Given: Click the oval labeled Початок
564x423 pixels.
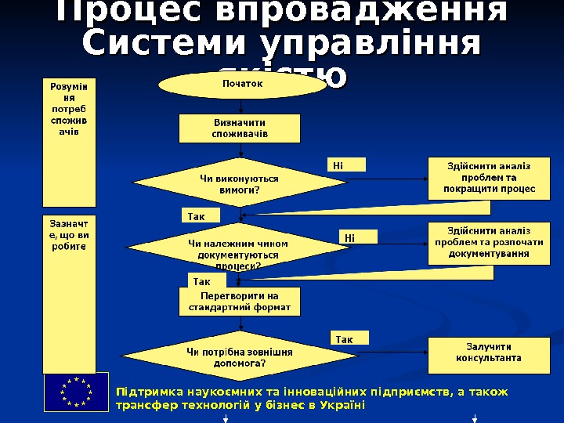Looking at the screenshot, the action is [239, 83].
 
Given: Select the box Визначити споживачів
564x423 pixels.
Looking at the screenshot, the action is [239, 128].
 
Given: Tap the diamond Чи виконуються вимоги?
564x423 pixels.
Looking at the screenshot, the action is [240, 184].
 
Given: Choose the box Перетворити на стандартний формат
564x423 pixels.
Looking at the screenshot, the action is [239, 302].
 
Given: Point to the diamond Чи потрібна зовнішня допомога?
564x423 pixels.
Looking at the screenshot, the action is [239, 358].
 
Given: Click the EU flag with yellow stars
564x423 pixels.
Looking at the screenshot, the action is [76, 392].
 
